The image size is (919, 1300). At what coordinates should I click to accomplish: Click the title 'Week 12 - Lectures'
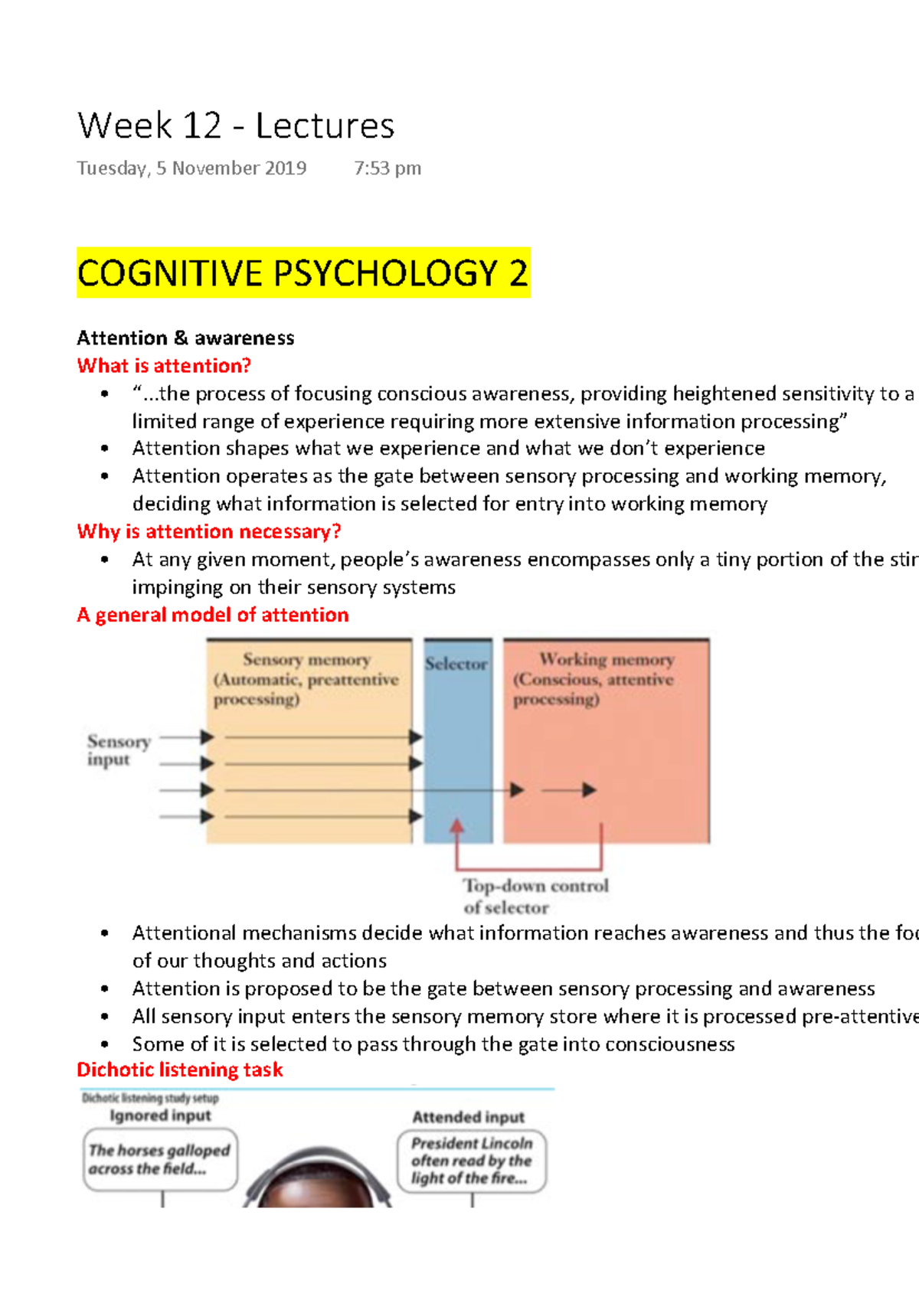(x=236, y=126)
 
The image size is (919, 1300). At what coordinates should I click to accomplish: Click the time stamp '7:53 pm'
(x=388, y=168)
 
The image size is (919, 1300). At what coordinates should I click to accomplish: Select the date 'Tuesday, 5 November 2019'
(x=191, y=168)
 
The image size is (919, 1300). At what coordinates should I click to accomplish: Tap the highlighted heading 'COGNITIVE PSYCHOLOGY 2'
(x=303, y=273)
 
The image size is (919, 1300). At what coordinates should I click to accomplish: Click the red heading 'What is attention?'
(x=164, y=366)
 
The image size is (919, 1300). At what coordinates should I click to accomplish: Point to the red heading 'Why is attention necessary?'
(x=208, y=531)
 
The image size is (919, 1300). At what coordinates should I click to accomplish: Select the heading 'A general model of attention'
(x=212, y=615)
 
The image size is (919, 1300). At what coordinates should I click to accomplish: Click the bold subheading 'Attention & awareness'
(x=185, y=338)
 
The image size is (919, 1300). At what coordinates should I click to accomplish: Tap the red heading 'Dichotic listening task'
(x=179, y=1070)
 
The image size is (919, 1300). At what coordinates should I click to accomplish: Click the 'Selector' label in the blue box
(x=456, y=664)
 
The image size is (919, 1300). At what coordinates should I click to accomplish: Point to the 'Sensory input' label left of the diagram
(x=118, y=750)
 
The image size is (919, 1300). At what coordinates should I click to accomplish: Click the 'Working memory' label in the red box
(x=606, y=660)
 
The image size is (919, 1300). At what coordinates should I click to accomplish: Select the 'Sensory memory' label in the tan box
(x=306, y=660)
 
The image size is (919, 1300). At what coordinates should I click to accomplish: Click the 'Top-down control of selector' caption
(x=535, y=896)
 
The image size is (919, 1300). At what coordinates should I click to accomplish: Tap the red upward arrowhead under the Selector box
(x=457, y=826)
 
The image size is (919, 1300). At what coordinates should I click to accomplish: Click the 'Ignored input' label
(x=160, y=1115)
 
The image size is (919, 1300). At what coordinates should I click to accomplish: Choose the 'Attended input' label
(x=469, y=1117)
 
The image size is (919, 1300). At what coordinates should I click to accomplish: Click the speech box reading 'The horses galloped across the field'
(x=159, y=1159)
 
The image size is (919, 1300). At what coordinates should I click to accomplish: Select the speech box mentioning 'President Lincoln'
(x=471, y=1161)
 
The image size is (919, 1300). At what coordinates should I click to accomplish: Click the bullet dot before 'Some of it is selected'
(x=105, y=1044)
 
